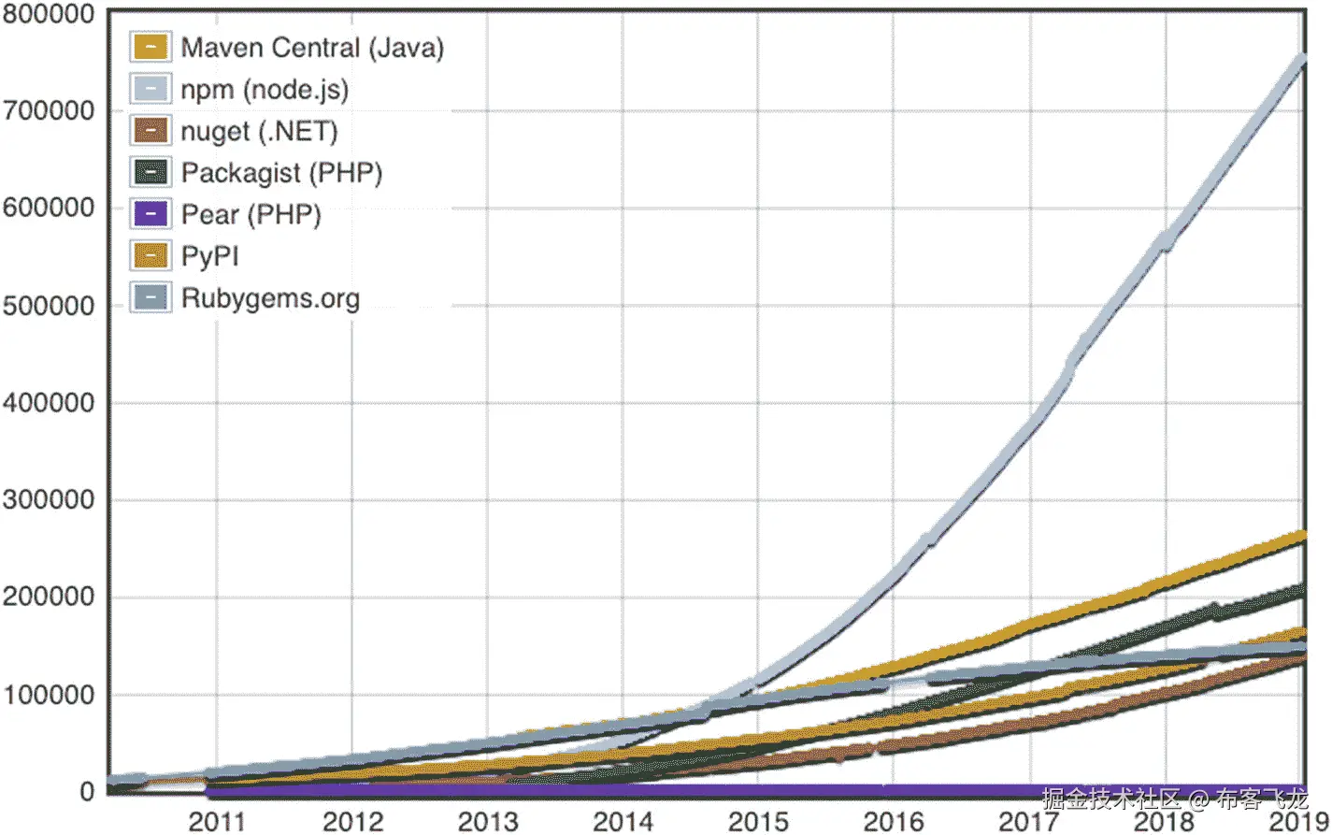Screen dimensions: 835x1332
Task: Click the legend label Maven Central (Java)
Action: (x=311, y=48)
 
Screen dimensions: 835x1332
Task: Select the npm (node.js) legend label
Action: (x=264, y=90)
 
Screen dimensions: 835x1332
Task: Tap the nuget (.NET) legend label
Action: (x=259, y=131)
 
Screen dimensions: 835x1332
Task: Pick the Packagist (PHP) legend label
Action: (x=281, y=173)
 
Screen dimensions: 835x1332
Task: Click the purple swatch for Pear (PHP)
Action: (x=150, y=214)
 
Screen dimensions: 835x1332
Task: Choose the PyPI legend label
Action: (x=210, y=256)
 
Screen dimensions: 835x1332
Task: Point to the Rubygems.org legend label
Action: (x=270, y=298)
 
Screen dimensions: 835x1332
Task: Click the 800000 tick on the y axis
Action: (x=49, y=14)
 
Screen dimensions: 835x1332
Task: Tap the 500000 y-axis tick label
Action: (x=49, y=306)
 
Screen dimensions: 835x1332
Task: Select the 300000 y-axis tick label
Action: (x=49, y=500)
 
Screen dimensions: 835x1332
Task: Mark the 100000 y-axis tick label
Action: (x=49, y=695)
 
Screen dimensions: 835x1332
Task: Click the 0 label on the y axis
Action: (x=87, y=792)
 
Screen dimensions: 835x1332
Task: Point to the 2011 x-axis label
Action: (x=217, y=822)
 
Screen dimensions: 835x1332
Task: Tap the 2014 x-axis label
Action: (x=623, y=822)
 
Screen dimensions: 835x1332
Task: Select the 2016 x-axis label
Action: (x=894, y=822)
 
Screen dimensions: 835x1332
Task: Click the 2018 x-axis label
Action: (x=1165, y=822)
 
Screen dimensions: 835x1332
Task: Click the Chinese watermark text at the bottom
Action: (x=1174, y=799)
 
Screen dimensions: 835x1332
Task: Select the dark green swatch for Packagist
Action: (x=150, y=173)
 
